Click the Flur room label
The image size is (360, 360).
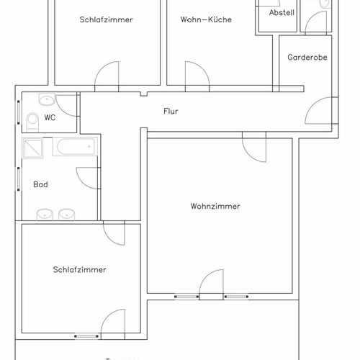click(x=171, y=112)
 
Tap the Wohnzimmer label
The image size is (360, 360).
click(x=215, y=206)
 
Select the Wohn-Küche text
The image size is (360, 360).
click(x=206, y=19)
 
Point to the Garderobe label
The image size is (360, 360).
click(x=307, y=57)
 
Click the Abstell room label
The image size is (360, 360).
click(x=282, y=13)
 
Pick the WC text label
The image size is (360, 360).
click(x=50, y=117)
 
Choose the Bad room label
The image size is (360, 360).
click(x=40, y=184)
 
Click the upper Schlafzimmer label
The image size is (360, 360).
click(x=106, y=19)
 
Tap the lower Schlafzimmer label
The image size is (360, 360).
click(x=79, y=270)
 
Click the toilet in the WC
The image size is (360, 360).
click(x=32, y=120)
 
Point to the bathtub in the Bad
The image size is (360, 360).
click(x=73, y=148)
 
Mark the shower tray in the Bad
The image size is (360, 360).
click(x=32, y=148)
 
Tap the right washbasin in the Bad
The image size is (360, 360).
click(x=67, y=214)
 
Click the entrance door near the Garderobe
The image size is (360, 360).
click(x=316, y=112)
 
